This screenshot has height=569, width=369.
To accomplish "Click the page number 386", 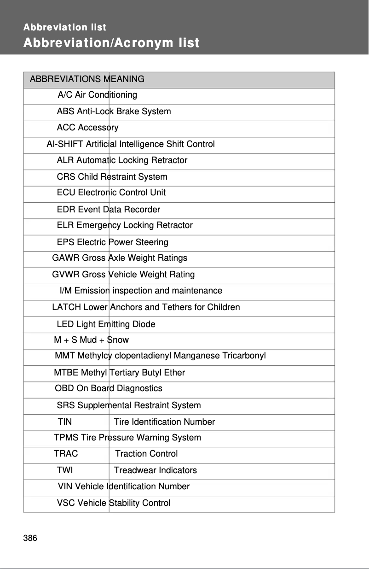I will (30, 538).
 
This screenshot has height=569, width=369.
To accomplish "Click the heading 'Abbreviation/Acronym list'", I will (111, 43).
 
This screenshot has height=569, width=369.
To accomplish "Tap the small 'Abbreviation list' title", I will (65, 27).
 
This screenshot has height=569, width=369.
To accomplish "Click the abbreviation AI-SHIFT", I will (65, 144).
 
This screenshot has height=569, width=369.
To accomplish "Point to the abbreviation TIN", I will (65, 422).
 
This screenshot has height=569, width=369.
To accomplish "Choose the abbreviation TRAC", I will (66, 454).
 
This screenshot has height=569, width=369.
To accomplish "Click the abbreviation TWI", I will (65, 470).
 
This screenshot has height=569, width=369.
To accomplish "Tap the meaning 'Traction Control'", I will (146, 454).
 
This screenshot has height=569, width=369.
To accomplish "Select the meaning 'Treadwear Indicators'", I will (156, 470).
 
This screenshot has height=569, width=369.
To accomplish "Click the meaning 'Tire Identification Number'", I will (164, 422).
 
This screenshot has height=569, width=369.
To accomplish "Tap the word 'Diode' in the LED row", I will (144, 324).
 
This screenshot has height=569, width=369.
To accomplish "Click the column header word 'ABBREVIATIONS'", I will (65, 79).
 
